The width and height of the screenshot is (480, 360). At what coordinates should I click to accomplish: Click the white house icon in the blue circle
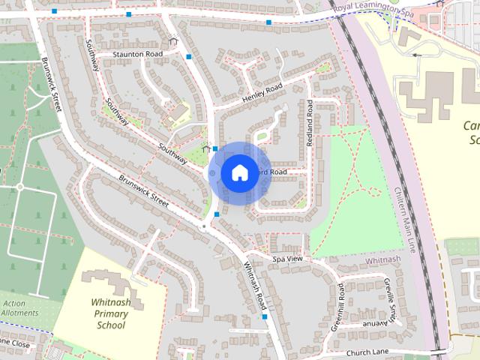[x=238, y=173]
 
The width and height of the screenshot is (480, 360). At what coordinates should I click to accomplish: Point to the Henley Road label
[x=262, y=94]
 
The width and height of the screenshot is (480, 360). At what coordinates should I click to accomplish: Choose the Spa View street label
[x=287, y=259]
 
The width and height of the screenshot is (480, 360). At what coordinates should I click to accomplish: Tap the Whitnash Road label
[x=254, y=286]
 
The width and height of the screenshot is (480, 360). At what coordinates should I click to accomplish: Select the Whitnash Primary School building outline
[x=112, y=284]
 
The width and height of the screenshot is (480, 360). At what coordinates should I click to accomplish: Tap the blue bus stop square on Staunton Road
[x=189, y=57]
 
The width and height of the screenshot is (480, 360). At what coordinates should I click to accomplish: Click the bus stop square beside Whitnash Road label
[x=265, y=317]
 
